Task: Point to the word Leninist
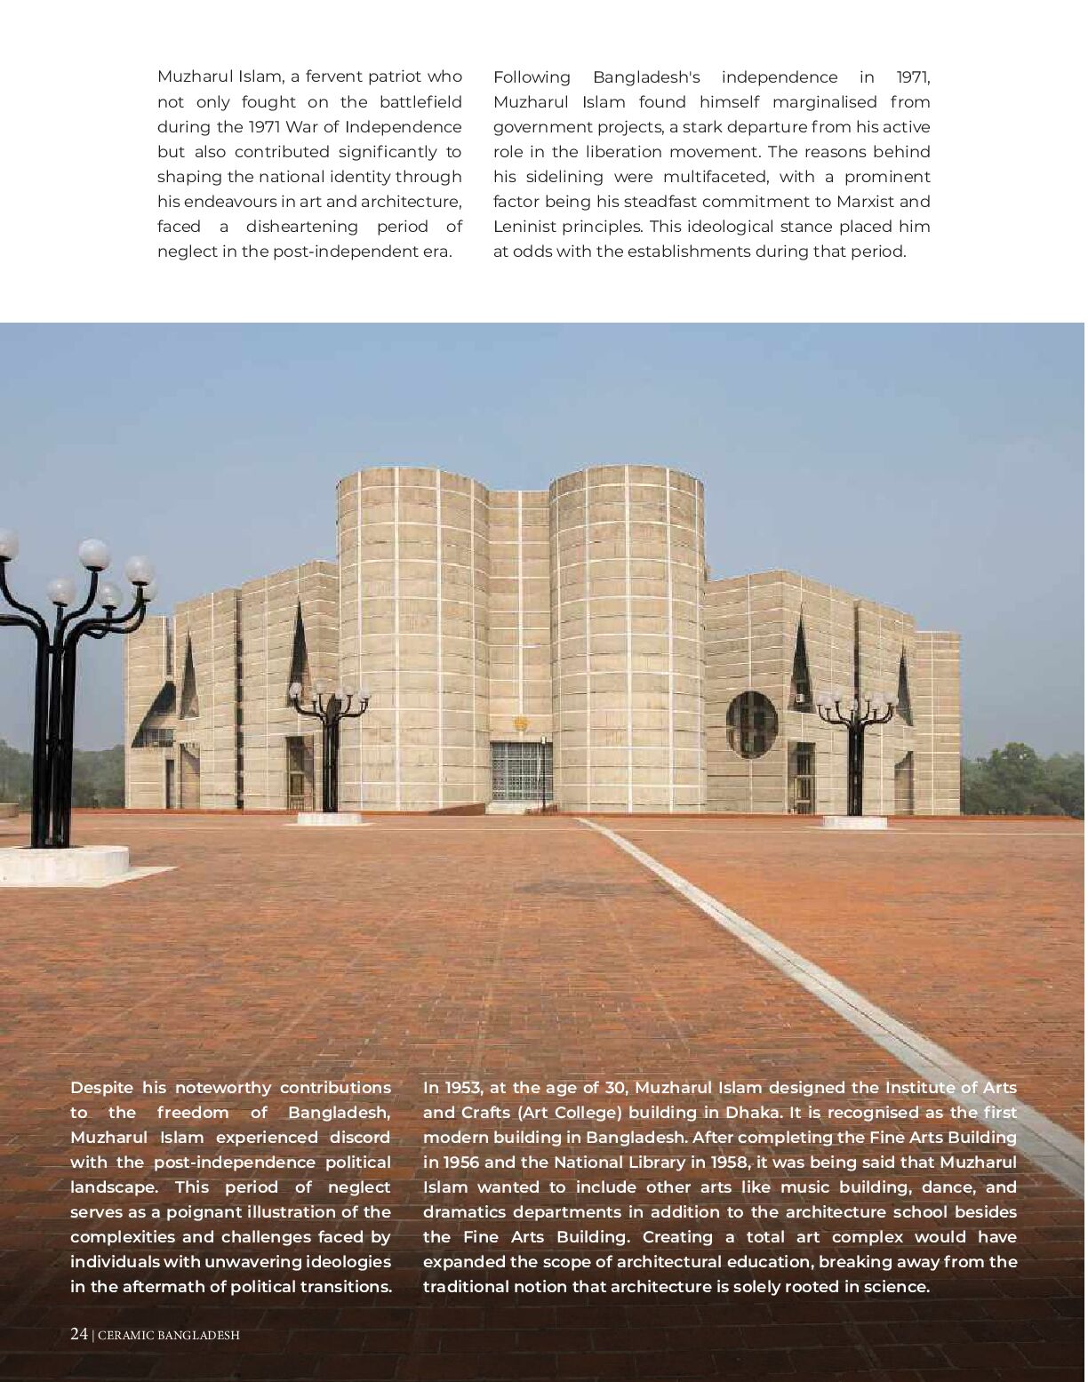click(x=524, y=227)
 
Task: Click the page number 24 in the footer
click(x=79, y=1334)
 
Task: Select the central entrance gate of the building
click(x=522, y=771)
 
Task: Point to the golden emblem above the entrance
click(x=521, y=723)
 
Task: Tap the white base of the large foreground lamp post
click(x=62, y=860)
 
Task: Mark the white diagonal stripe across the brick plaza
click(x=800, y=960)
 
